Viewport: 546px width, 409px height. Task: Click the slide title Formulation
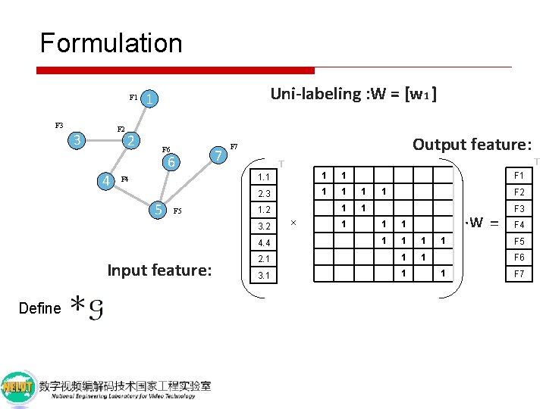click(x=111, y=43)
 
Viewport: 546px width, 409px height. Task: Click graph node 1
click(x=152, y=99)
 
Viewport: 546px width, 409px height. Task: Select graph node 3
click(x=76, y=140)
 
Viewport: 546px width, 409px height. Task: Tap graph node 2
click(x=131, y=140)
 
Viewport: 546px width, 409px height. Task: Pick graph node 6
click(x=171, y=162)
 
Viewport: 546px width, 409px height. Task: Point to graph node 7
click(x=218, y=155)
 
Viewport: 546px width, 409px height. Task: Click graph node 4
click(x=108, y=180)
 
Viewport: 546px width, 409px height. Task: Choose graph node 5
click(x=158, y=209)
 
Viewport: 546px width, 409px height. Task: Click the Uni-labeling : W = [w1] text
click(x=353, y=94)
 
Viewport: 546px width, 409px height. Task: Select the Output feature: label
click(x=471, y=144)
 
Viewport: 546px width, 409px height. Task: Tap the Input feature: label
click(x=159, y=270)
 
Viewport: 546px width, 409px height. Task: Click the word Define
click(x=39, y=308)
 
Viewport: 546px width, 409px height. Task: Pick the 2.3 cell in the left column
click(x=264, y=193)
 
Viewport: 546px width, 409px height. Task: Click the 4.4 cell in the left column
click(x=264, y=242)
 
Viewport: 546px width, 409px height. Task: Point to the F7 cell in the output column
click(x=519, y=274)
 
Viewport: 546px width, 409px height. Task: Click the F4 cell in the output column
click(x=519, y=225)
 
